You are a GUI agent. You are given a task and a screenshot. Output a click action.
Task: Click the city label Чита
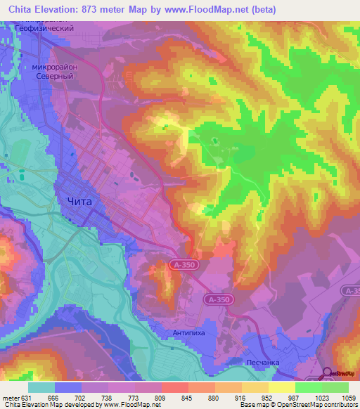[x=78, y=201]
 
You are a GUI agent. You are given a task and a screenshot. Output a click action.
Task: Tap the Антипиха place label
[x=188, y=332]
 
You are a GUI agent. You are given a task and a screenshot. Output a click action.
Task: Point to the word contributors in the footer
[x=342, y=405]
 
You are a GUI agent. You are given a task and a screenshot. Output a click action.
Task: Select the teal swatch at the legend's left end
[x=41, y=387]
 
